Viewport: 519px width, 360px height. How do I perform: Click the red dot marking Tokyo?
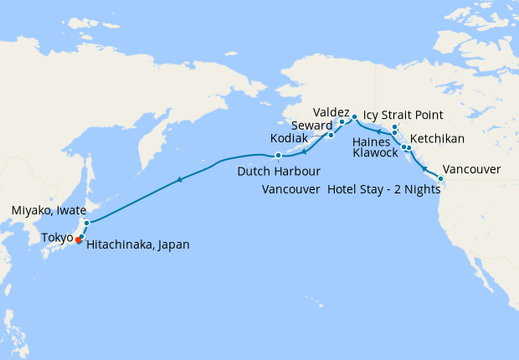tap(79, 240)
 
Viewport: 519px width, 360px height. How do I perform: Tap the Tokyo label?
tap(56, 238)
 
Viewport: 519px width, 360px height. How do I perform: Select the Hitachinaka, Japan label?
tap(138, 244)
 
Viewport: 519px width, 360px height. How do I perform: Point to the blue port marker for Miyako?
tap(86, 223)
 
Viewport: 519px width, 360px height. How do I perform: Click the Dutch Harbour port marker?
tap(278, 155)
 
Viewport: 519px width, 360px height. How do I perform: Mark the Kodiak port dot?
tap(331, 135)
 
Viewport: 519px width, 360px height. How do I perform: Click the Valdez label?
tap(331, 111)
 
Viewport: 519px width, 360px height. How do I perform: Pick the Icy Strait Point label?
tap(403, 116)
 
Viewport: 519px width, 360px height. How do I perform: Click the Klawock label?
tap(375, 152)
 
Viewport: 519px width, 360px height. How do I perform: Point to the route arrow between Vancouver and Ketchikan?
tap(425, 169)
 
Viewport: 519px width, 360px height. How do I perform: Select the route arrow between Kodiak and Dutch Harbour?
tap(305, 151)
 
